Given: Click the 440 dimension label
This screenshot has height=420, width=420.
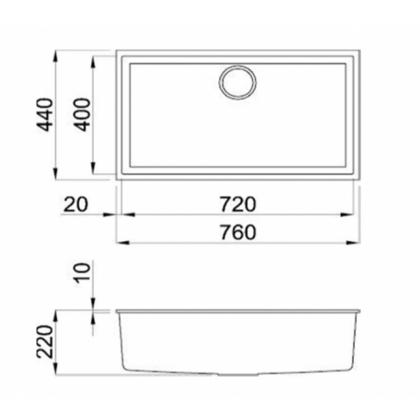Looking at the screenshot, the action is coord(44,115).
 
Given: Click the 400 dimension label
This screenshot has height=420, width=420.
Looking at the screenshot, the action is coord(82,115).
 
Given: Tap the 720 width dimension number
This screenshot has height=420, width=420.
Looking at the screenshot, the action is coord(238,204).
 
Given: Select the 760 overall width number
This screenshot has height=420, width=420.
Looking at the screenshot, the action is coord(238,232).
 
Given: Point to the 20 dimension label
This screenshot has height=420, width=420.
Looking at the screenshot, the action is coord(76,204).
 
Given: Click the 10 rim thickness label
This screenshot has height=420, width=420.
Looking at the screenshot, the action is coord(82,272).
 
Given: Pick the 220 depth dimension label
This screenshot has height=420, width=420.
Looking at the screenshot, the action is coord(44,342).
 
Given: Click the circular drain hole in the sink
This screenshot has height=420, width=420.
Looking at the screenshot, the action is coord(238,82).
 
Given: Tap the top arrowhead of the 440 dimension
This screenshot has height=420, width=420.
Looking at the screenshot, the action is coord(56,57).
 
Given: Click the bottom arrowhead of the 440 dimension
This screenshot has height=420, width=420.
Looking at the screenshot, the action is coord(56,174).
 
